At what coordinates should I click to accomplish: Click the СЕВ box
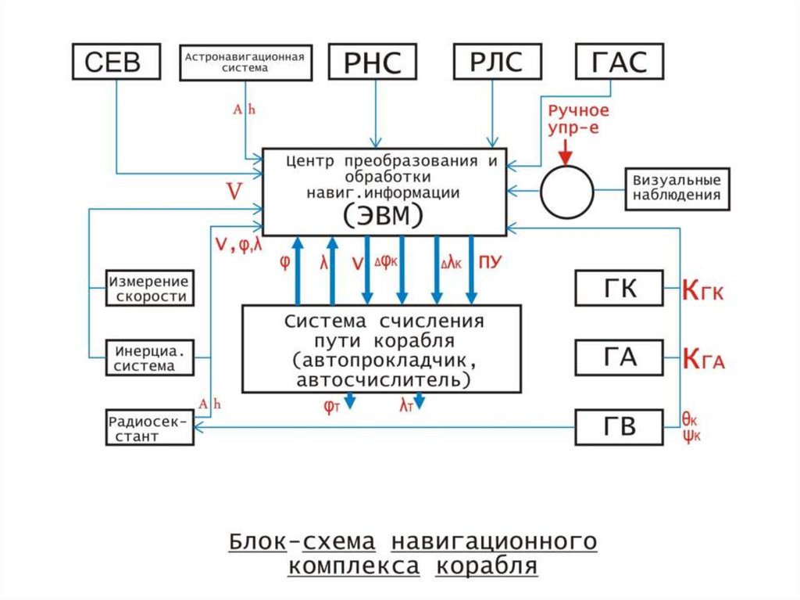pyautogui.click(x=117, y=62)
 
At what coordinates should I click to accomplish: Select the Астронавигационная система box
pyautogui.click(x=243, y=62)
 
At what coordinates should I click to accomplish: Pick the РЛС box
pyautogui.click(x=496, y=62)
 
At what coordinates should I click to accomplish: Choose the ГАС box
pyautogui.click(x=620, y=62)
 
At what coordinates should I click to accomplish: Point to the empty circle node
pyautogui.click(x=569, y=191)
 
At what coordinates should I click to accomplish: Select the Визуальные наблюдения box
pyautogui.click(x=677, y=189)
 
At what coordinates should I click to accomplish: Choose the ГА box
pyautogui.click(x=620, y=357)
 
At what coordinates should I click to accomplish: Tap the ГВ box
pyautogui.click(x=620, y=427)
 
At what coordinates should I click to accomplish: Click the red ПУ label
pyautogui.click(x=489, y=263)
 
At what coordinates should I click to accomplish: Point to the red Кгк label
pyautogui.click(x=704, y=290)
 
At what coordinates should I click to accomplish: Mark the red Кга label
pyautogui.click(x=704, y=359)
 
